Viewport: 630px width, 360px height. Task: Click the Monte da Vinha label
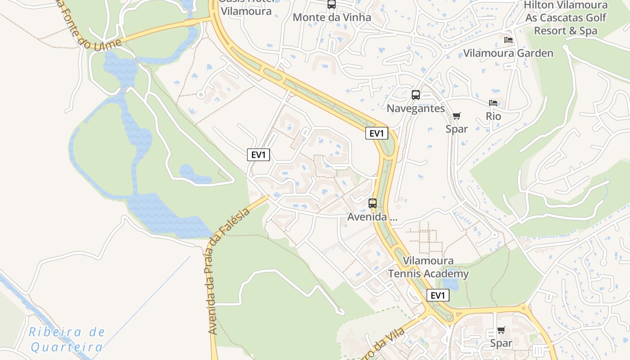[332, 18]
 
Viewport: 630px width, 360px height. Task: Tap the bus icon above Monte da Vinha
[332, 4]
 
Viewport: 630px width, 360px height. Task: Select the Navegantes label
[415, 108]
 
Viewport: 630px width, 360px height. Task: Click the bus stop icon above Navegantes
[416, 95]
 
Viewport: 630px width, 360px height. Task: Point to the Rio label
[493, 116]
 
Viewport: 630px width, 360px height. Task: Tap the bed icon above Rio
[493, 103]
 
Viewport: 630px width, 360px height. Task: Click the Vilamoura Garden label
[508, 53]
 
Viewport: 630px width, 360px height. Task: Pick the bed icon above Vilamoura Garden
[508, 40]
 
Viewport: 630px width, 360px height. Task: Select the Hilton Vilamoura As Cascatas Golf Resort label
[566, 18]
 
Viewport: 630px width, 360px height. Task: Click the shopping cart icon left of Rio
[457, 116]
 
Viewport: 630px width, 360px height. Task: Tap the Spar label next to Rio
[457, 129]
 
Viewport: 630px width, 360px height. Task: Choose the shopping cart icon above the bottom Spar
[501, 330]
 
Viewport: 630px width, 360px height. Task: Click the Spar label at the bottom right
[501, 343]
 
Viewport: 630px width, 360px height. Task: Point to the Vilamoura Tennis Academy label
[428, 267]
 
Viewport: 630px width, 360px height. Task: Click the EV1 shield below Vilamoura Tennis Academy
[438, 295]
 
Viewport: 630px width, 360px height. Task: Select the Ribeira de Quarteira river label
[67, 339]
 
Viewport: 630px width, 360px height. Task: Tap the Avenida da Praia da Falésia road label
[229, 273]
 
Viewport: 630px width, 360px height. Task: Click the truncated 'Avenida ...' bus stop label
[372, 217]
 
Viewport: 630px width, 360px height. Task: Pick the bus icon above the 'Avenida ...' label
[373, 203]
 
